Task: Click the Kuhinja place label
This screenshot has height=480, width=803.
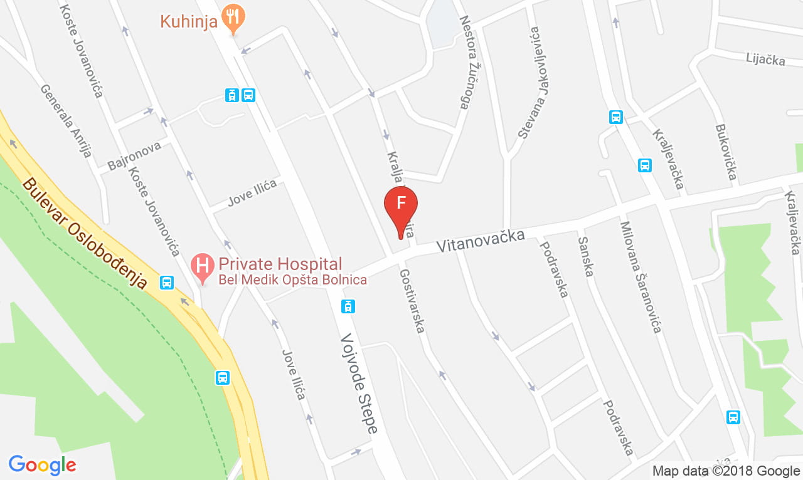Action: tap(189, 21)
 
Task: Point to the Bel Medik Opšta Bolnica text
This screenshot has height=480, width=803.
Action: tap(292, 280)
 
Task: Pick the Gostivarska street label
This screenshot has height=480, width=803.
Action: tap(412, 301)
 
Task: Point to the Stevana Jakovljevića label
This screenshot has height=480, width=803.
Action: tap(529, 82)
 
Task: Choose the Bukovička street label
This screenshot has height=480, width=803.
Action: tap(726, 152)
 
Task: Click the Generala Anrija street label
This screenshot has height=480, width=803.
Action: tap(66, 120)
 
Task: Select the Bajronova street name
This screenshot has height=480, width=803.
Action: tap(134, 155)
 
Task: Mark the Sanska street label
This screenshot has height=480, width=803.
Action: tap(586, 256)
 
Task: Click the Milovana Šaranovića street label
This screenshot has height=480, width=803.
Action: tap(641, 277)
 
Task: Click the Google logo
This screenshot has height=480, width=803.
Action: tap(42, 465)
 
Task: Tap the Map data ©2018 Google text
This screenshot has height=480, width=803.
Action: tap(725, 471)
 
